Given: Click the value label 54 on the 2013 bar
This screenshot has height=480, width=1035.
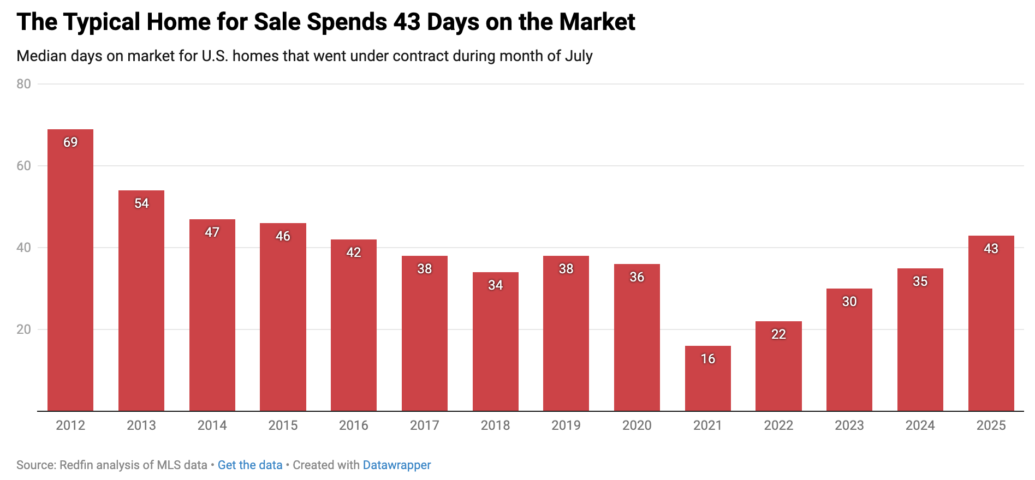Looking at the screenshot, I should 141,203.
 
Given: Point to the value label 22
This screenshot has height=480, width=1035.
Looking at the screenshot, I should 778,334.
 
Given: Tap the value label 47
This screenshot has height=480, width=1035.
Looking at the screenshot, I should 212,232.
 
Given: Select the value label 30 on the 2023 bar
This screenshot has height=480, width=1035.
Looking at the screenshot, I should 849,302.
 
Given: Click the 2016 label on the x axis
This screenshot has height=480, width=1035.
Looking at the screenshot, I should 354,425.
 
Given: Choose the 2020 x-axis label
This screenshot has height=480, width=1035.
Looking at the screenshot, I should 637,425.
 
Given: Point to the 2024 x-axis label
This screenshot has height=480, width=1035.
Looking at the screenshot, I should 920,425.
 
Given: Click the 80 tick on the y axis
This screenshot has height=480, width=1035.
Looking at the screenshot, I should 23,84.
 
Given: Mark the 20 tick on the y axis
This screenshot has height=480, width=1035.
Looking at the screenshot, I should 23,329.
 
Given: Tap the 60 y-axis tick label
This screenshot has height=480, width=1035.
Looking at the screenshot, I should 23,166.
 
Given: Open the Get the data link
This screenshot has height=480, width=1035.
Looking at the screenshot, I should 250,465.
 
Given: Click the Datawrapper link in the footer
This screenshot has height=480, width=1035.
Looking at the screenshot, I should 397,465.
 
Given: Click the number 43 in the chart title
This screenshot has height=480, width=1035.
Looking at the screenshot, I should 407,22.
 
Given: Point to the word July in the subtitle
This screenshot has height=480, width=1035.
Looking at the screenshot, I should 579,56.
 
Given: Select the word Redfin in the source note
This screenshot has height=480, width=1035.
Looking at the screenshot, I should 75,465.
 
